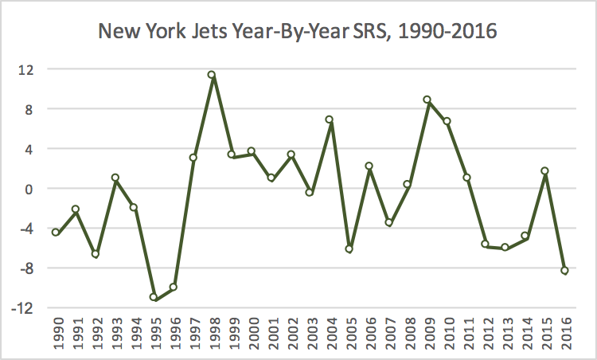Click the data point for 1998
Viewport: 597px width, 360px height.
pos(212,75)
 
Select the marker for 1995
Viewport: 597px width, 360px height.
pos(154,297)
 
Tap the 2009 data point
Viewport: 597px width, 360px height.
pos(427,100)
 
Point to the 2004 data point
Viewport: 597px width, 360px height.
pos(329,119)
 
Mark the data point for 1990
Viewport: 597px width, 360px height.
pos(56,233)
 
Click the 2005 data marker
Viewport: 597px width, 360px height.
pos(348,249)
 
